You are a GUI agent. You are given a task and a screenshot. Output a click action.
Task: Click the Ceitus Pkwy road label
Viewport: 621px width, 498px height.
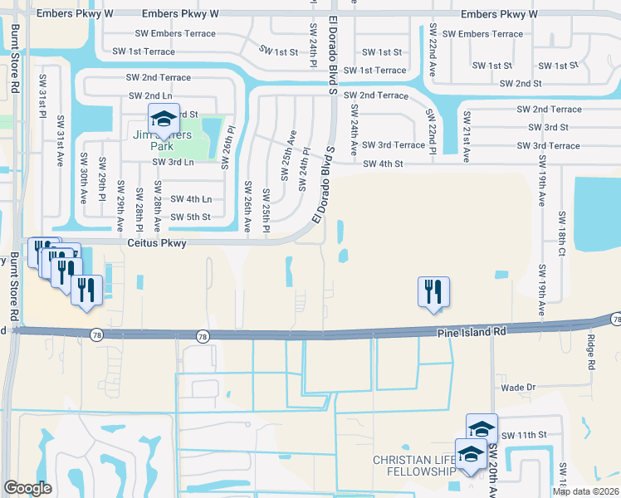[157, 243]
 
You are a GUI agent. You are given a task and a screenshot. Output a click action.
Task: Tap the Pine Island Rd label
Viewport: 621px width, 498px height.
[472, 331]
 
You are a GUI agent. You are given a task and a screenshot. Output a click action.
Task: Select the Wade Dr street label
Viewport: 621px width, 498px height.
[519, 387]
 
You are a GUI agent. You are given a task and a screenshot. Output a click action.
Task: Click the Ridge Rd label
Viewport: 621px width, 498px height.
[592, 353]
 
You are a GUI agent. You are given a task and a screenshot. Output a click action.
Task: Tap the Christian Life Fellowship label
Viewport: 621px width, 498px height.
[413, 466]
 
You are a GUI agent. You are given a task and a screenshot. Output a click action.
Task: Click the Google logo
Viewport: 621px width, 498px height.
[27, 488]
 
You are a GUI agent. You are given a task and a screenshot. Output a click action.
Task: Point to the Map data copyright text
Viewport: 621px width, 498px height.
[585, 491]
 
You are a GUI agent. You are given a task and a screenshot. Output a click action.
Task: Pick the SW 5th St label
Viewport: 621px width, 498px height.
[190, 217]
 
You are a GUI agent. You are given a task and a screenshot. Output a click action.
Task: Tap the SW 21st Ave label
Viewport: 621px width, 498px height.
[467, 136]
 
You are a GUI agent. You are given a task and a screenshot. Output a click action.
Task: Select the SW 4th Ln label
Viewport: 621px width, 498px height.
[191, 199]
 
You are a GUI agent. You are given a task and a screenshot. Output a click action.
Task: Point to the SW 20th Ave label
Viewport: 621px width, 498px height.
[493, 471]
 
